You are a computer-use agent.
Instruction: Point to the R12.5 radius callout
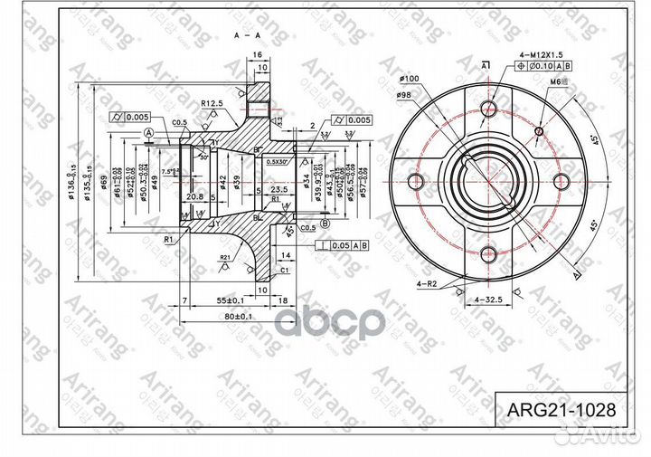click(212, 104)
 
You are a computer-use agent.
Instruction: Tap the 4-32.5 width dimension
click(490, 297)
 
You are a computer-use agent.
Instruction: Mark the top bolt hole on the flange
click(489, 109)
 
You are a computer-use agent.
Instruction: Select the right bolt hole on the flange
click(560, 181)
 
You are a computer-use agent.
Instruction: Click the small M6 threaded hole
click(539, 131)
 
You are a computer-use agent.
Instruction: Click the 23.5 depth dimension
click(278, 189)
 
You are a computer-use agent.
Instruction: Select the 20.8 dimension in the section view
click(193, 195)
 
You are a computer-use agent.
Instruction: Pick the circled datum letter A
click(146, 133)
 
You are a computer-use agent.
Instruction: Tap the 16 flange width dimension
click(258, 56)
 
